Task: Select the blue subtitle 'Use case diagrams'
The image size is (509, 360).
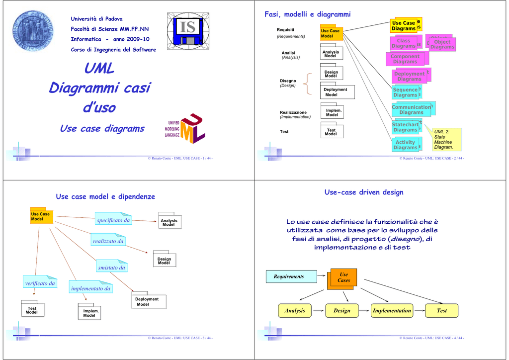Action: click(102, 129)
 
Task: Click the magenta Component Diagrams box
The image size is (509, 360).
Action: click(405, 59)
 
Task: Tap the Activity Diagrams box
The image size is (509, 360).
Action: click(405, 145)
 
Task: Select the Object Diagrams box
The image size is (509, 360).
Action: click(441, 44)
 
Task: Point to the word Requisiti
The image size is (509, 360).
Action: click(285, 30)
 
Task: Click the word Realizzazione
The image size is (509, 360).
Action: click(293, 112)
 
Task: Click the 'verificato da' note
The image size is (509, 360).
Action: click(40, 283)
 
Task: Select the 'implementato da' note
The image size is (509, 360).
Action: click(91, 288)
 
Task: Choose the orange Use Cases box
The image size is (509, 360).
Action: click(343, 277)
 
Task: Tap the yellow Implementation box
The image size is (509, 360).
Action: click(392, 311)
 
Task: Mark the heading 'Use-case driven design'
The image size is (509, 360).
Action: click(364, 192)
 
